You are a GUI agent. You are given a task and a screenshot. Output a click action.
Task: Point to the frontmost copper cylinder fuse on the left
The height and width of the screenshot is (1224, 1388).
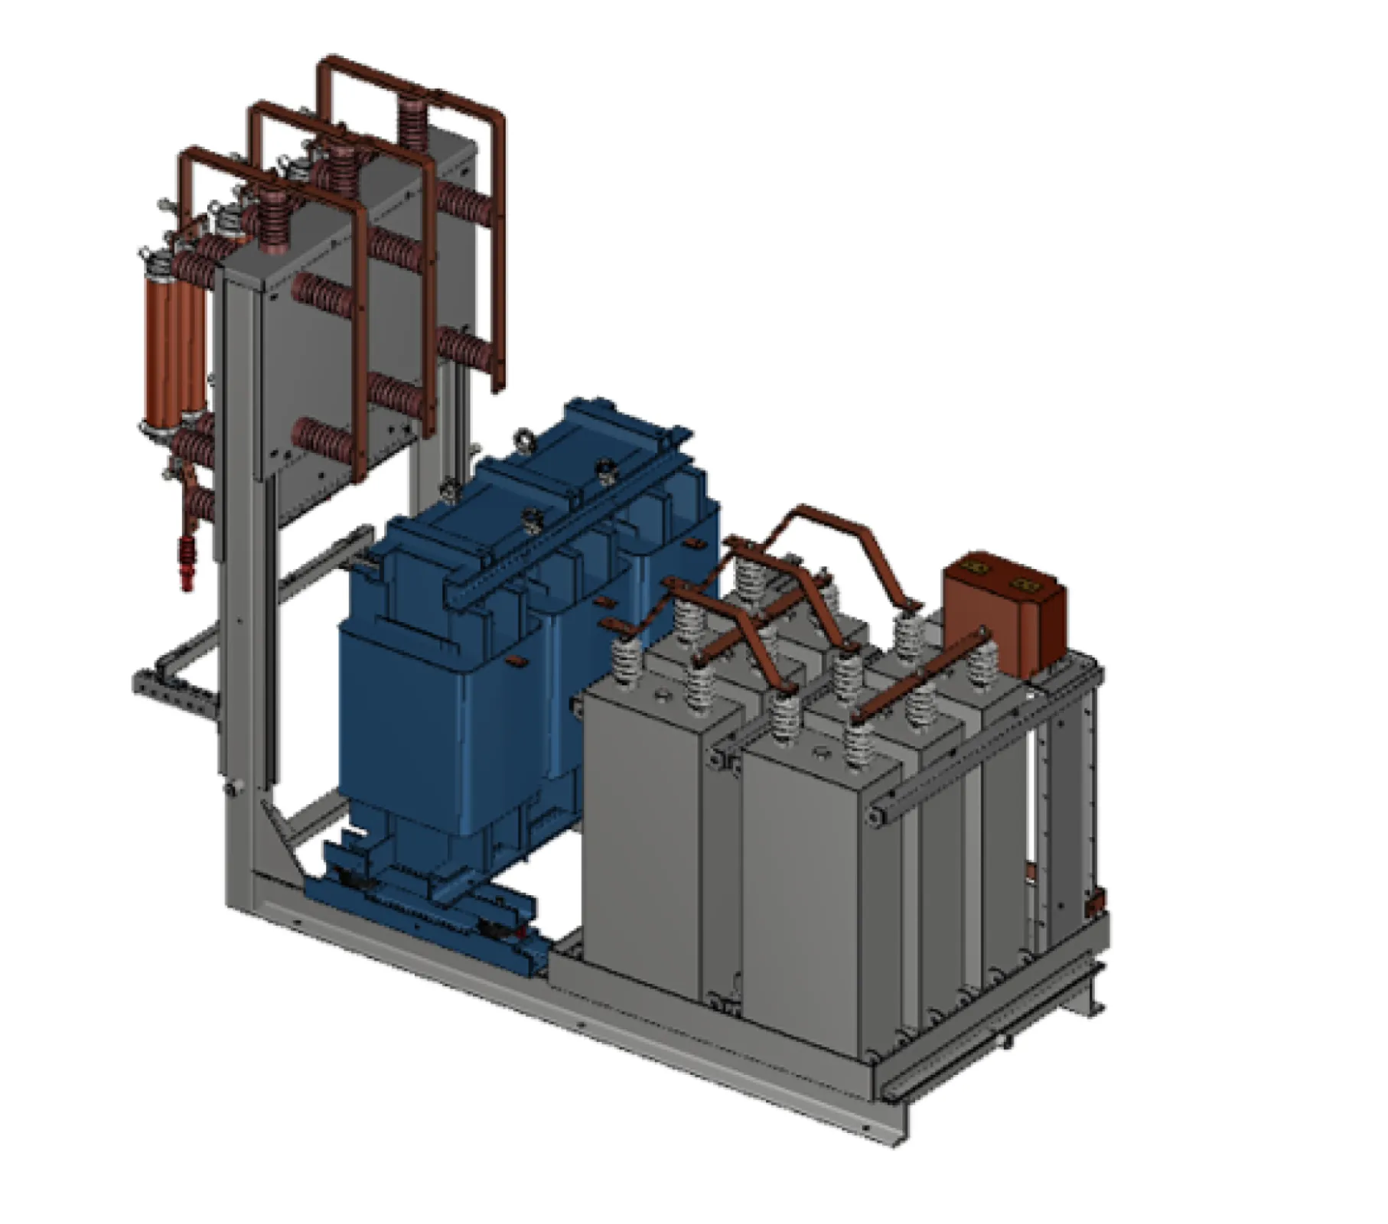(157, 344)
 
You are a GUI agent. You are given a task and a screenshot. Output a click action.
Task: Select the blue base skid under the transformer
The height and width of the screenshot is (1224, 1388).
(428, 910)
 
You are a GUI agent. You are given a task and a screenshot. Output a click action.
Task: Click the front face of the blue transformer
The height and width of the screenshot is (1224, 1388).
(406, 727)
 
